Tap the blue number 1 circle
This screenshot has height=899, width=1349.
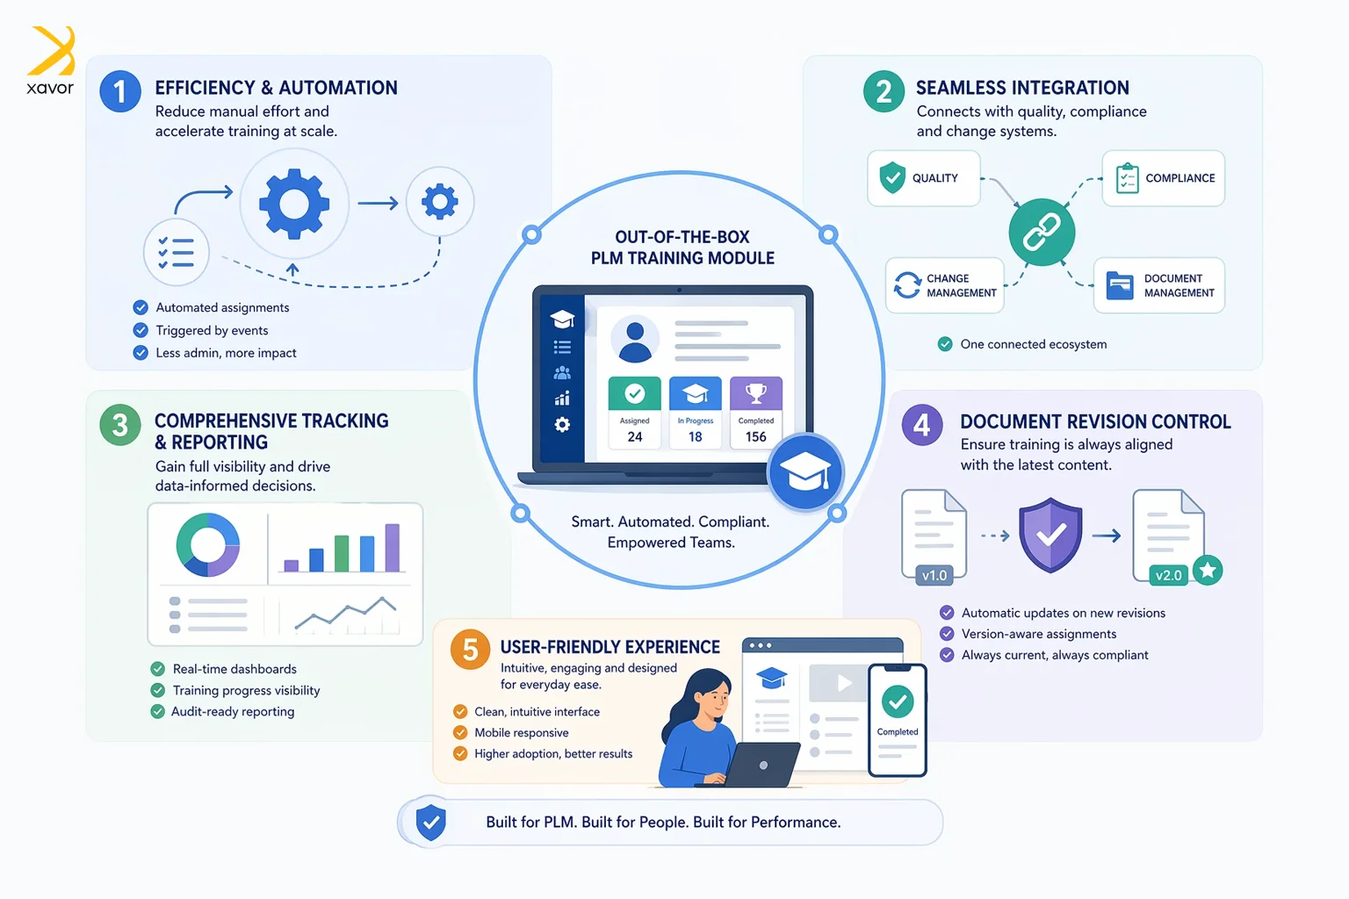(x=120, y=91)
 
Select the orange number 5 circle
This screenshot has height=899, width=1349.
(x=470, y=650)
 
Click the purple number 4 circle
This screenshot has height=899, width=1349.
(x=922, y=426)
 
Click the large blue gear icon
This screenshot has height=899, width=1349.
(x=294, y=204)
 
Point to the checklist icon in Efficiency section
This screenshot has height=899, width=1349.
(x=177, y=253)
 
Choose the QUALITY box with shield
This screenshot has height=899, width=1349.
(x=923, y=178)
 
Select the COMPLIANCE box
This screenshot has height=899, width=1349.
(x=1163, y=178)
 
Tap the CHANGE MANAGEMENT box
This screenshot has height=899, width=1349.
(x=944, y=285)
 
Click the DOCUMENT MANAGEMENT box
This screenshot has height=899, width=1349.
(x=1158, y=285)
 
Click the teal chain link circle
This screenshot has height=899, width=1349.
(x=1042, y=232)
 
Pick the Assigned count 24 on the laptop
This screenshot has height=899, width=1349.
(x=635, y=436)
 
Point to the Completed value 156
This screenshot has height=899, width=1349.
(x=756, y=436)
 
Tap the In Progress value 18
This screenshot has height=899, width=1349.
(x=696, y=436)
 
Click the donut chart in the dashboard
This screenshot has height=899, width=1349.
(x=208, y=545)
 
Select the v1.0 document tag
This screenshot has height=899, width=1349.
(x=934, y=576)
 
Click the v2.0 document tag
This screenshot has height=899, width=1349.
(x=1168, y=576)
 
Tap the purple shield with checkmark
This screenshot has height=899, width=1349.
(x=1050, y=534)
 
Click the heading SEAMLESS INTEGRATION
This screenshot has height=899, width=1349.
(x=1022, y=88)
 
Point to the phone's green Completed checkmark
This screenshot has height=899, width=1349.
(x=898, y=701)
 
